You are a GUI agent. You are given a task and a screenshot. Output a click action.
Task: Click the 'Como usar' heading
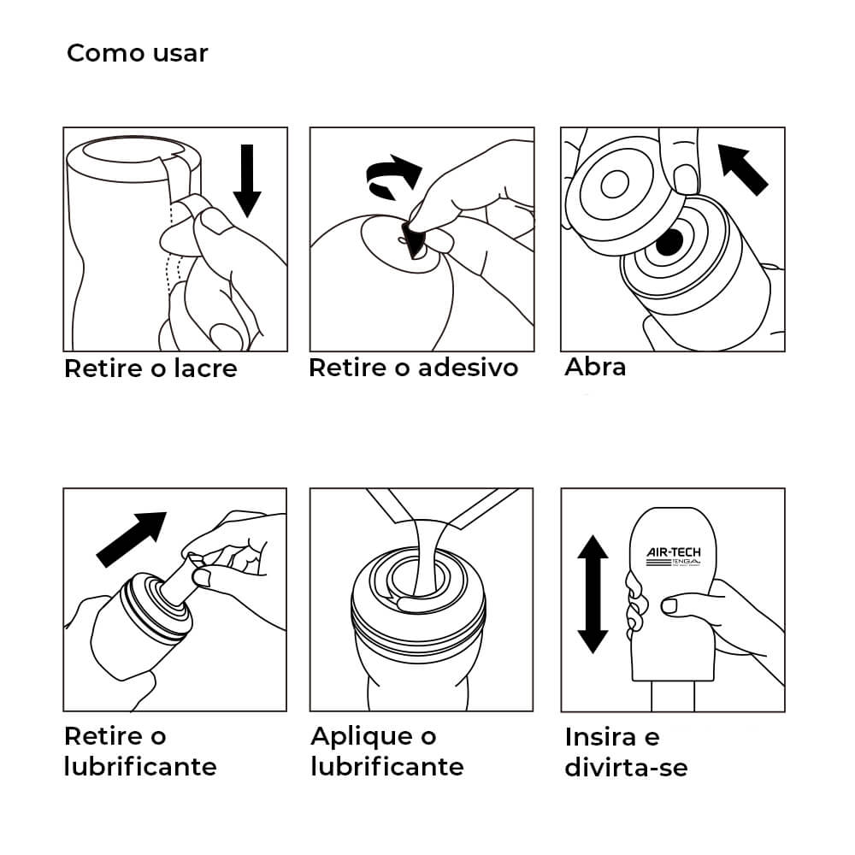pyautogui.click(x=137, y=53)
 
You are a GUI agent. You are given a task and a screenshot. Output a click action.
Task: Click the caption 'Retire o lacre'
pyautogui.click(x=150, y=369)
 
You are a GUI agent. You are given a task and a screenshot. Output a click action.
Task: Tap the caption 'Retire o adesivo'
pyautogui.click(x=413, y=368)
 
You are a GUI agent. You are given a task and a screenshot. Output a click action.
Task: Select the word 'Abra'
pyautogui.click(x=595, y=367)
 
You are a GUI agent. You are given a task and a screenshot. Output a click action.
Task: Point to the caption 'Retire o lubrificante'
pyautogui.click(x=139, y=751)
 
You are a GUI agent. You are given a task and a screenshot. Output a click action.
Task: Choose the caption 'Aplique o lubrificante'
pyautogui.click(x=386, y=751)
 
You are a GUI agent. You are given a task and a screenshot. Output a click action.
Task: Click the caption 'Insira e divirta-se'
pyautogui.click(x=625, y=752)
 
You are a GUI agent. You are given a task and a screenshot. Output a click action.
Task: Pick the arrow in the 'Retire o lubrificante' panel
pyautogui.click(x=131, y=539)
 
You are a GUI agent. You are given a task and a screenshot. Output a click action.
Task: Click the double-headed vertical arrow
pyautogui.click(x=593, y=593)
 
